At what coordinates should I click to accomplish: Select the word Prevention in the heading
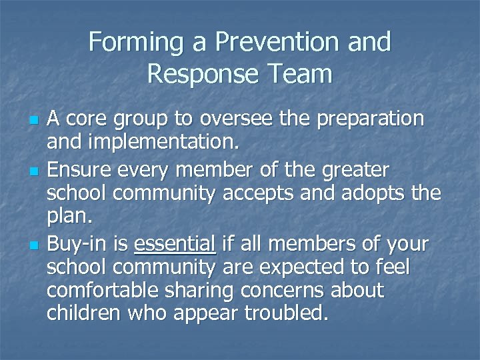(x=275, y=43)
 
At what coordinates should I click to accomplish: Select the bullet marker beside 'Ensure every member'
(x=33, y=172)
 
